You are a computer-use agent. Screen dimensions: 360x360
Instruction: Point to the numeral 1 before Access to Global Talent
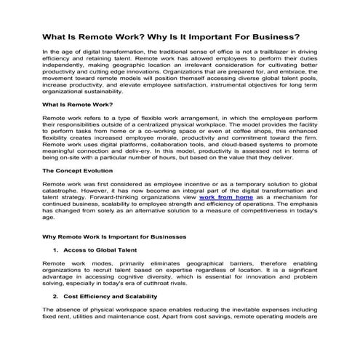pyautogui.click(x=55, y=249)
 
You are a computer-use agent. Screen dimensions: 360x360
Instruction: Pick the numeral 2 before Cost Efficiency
pyautogui.click(x=55, y=297)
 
